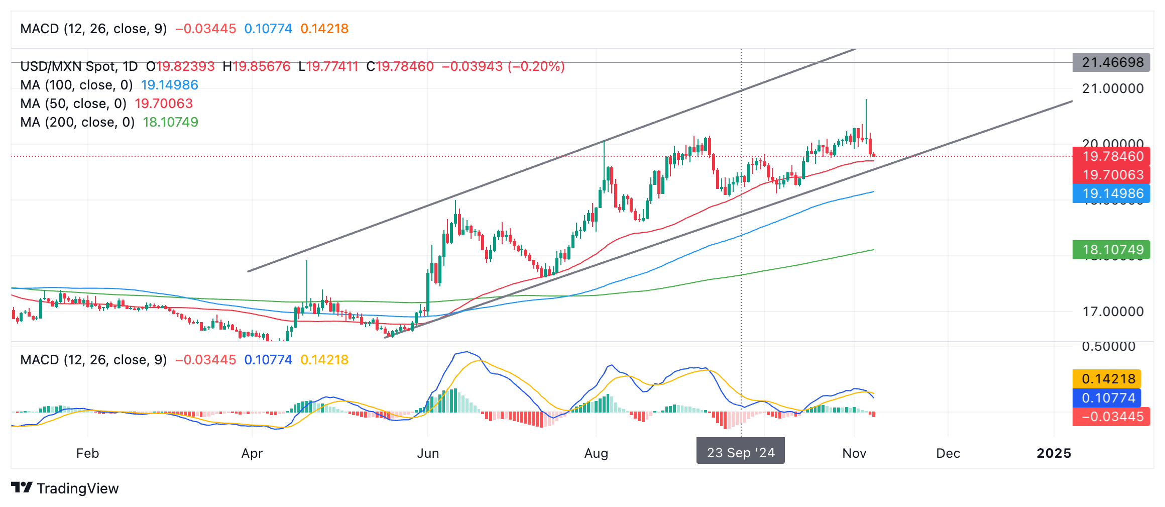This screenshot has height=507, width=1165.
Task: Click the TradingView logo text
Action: pos(77,488)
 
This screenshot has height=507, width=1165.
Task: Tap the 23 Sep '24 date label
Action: pos(740,453)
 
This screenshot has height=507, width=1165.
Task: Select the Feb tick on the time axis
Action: pos(87,453)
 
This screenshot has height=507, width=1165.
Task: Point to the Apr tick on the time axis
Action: pos(252,453)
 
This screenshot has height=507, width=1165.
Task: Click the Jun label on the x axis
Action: pos(428,453)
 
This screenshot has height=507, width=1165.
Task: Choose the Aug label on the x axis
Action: pos(596,453)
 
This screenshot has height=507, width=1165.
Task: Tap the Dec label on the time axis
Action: pos(948,453)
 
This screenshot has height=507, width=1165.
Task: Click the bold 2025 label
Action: pos(1054,453)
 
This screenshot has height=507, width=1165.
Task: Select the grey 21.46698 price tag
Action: pos(1112,62)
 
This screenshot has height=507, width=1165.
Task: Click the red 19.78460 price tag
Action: pos(1112,156)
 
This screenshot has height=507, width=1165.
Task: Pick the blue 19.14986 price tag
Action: pos(1112,193)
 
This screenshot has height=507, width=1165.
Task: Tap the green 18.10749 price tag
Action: pos(1112,250)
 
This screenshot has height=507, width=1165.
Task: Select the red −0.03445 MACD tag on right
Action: pos(1112,417)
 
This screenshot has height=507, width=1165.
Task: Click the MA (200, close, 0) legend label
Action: pos(77,122)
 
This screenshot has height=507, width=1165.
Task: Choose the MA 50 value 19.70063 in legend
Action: pos(164,104)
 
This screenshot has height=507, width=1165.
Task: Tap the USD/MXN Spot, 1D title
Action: pos(79,66)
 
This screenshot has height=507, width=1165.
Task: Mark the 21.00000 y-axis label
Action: pos(1113,88)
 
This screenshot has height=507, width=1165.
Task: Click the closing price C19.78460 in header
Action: pos(400,66)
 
